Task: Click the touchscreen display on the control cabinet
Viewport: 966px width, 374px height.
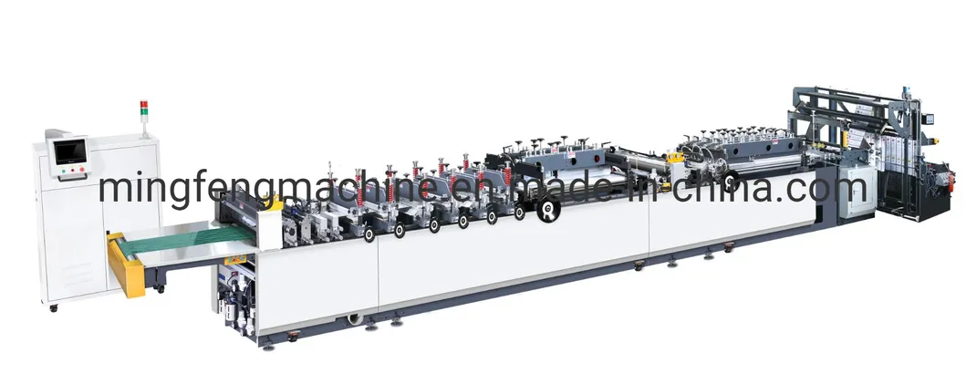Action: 70,151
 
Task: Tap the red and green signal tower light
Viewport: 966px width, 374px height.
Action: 144,109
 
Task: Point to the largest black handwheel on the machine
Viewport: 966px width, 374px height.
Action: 548,209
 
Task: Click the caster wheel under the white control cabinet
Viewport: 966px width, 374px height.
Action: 54,307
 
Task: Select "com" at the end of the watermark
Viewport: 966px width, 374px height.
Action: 832,189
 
